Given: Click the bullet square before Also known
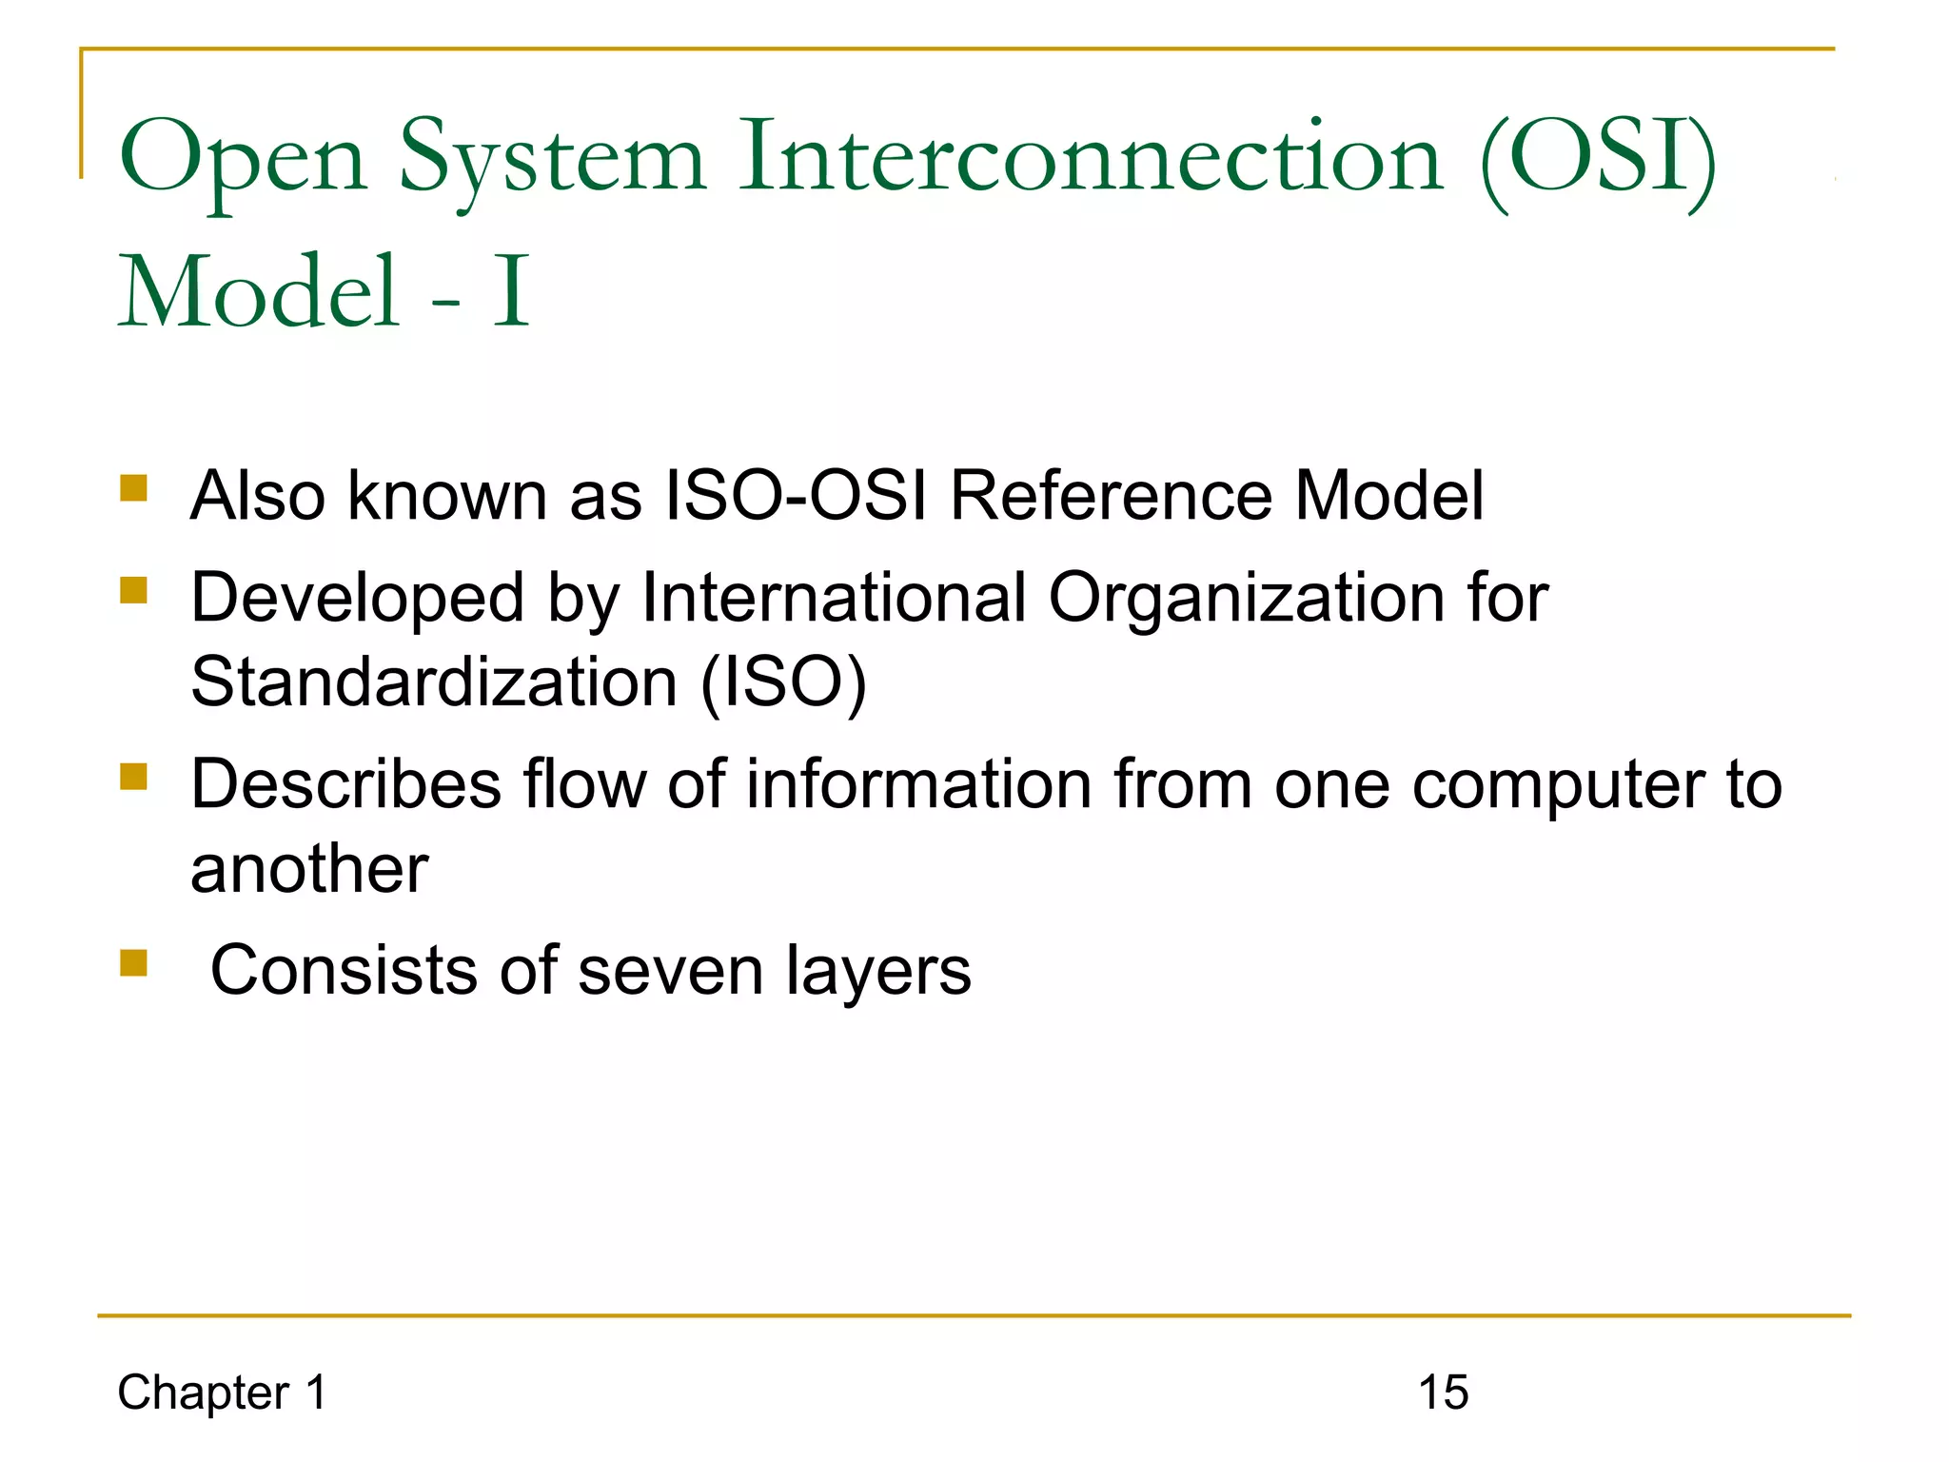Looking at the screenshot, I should click(x=134, y=488).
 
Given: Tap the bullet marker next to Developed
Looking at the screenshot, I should click(x=134, y=590).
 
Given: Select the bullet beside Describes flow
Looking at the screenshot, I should click(x=134, y=777).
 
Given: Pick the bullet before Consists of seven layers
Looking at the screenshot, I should click(x=134, y=963).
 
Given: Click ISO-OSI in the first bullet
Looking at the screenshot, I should click(x=796, y=496).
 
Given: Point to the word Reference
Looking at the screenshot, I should click(x=1111, y=496).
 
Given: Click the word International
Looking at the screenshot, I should click(x=834, y=598).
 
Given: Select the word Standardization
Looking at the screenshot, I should click(x=434, y=682).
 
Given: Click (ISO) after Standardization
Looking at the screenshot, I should click(x=783, y=684).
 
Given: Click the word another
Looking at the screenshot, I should click(x=309, y=870).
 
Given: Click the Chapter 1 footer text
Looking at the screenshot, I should click(x=222, y=1393).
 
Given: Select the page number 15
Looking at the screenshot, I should click(x=1443, y=1393).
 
